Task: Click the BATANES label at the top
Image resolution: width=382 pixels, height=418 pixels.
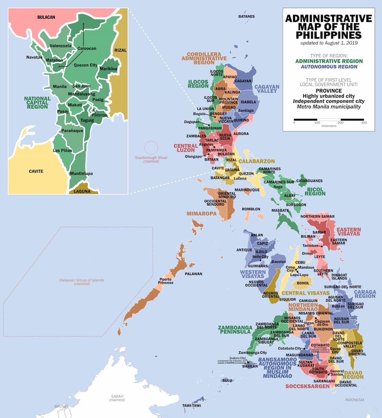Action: pos(247,16)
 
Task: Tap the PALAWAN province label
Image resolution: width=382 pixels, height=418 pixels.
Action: pos(194,274)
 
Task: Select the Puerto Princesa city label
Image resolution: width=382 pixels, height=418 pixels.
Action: pos(166,281)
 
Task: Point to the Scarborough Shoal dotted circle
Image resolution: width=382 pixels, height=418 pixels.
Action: pos(151,148)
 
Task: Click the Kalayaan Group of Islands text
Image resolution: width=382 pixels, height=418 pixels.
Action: pos(82,282)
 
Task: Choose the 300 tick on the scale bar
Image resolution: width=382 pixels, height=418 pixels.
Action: pos(364,123)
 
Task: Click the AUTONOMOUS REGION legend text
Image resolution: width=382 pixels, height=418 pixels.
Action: pos(328,67)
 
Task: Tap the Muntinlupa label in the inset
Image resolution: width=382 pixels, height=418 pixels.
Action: pos(81,174)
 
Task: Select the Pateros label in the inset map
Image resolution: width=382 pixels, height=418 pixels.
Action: pos(100,115)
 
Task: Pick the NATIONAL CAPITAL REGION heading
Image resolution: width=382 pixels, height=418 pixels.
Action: pos(37,102)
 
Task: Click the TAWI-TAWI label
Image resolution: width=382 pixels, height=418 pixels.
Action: pos(192,405)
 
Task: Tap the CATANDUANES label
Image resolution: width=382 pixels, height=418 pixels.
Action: pos(309,181)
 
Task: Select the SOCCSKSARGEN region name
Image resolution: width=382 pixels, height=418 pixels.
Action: pos(307,386)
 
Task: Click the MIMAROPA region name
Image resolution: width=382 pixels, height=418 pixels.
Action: pos(201,214)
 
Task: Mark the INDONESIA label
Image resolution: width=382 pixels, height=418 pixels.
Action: pos(354,400)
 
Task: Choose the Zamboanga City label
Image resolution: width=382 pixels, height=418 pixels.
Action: pos(253,352)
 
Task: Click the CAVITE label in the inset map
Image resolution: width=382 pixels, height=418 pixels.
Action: pos(36,171)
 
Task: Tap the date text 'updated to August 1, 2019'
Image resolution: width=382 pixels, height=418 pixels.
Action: pos(328,43)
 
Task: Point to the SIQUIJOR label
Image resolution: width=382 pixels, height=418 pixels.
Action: pos(287,299)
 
